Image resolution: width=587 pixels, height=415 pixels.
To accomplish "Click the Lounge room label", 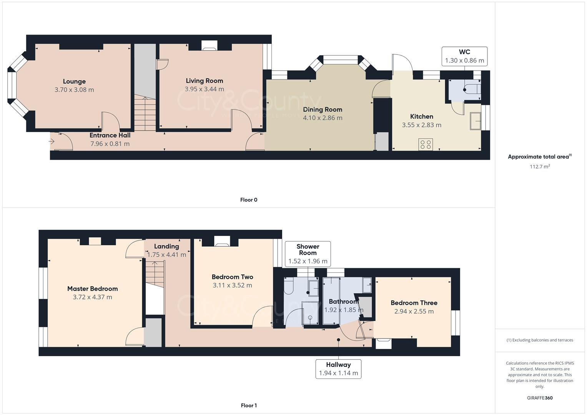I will [x=74, y=81].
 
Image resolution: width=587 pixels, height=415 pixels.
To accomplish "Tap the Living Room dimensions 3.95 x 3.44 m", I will [x=204, y=89].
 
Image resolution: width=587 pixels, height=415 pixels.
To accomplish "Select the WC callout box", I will [x=464, y=56].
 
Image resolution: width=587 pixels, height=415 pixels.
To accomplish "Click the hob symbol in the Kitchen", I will [x=426, y=144].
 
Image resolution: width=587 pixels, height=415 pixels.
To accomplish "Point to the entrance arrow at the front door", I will [x=52, y=142].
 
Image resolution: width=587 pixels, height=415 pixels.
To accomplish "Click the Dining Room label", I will [x=322, y=110].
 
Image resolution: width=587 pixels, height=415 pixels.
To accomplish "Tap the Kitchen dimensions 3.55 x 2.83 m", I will [x=421, y=125].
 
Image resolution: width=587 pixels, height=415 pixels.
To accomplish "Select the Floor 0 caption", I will [x=249, y=200].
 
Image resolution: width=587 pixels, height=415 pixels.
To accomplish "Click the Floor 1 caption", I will [x=249, y=405].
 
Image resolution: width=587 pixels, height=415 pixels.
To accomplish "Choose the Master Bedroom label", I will [x=92, y=289].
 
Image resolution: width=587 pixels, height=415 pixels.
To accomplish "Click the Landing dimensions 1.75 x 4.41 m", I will [x=166, y=255].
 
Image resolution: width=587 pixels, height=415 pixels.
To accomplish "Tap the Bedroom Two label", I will [x=232, y=277].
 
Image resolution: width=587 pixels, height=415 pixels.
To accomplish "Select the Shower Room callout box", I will [x=308, y=254].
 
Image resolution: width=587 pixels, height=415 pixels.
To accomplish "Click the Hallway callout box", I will [x=338, y=369].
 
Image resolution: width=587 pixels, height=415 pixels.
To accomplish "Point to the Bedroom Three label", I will [x=414, y=303].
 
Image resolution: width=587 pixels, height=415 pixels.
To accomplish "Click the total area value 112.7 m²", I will [x=540, y=166].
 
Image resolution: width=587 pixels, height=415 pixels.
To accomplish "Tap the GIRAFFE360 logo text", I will [x=540, y=398].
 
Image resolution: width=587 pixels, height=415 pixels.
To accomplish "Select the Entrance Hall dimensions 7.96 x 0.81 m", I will [x=110, y=144].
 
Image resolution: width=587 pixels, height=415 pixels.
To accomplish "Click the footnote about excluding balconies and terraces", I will [x=540, y=340].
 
